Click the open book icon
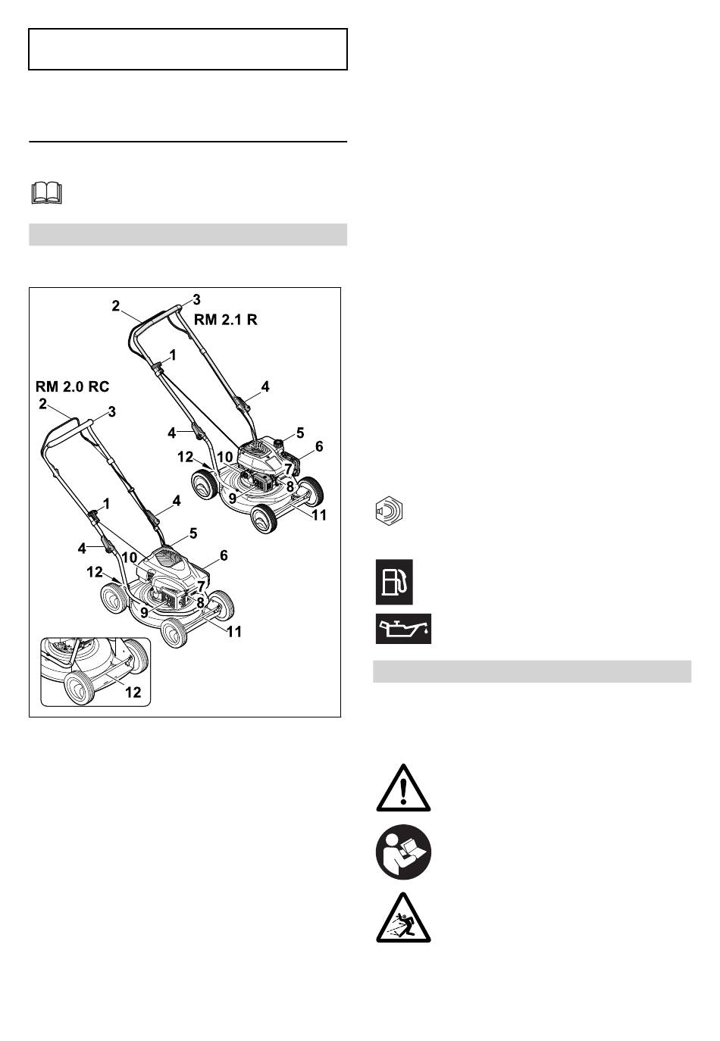click(46, 193)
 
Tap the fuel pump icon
click(393, 582)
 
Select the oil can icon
click(403, 628)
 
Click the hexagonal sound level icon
click(389, 511)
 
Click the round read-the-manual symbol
click(403, 852)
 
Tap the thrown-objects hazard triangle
click(403, 918)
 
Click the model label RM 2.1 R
click(225, 320)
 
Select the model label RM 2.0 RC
click(72, 386)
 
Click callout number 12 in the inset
click(133, 692)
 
